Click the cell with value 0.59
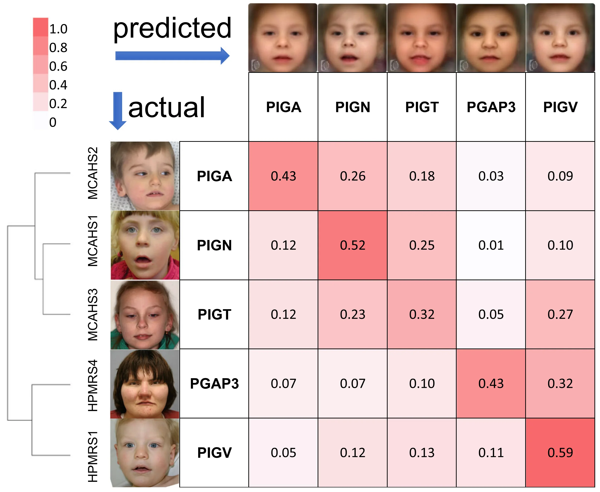[560, 453]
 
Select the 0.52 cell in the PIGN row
[352, 245]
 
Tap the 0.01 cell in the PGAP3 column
[491, 245]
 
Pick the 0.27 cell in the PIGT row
[560, 314]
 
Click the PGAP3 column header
[491, 107]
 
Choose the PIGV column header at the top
[560, 107]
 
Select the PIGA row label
[214, 176]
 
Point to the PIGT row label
[214, 314]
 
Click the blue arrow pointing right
[172, 55]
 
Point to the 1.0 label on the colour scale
[58, 29]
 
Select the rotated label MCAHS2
[93, 173]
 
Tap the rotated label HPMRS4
[93, 385]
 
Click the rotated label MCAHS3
[93, 314]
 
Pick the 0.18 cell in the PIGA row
[422, 176]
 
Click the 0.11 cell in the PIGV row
[491, 453]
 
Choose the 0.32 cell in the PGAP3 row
[560, 383]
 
